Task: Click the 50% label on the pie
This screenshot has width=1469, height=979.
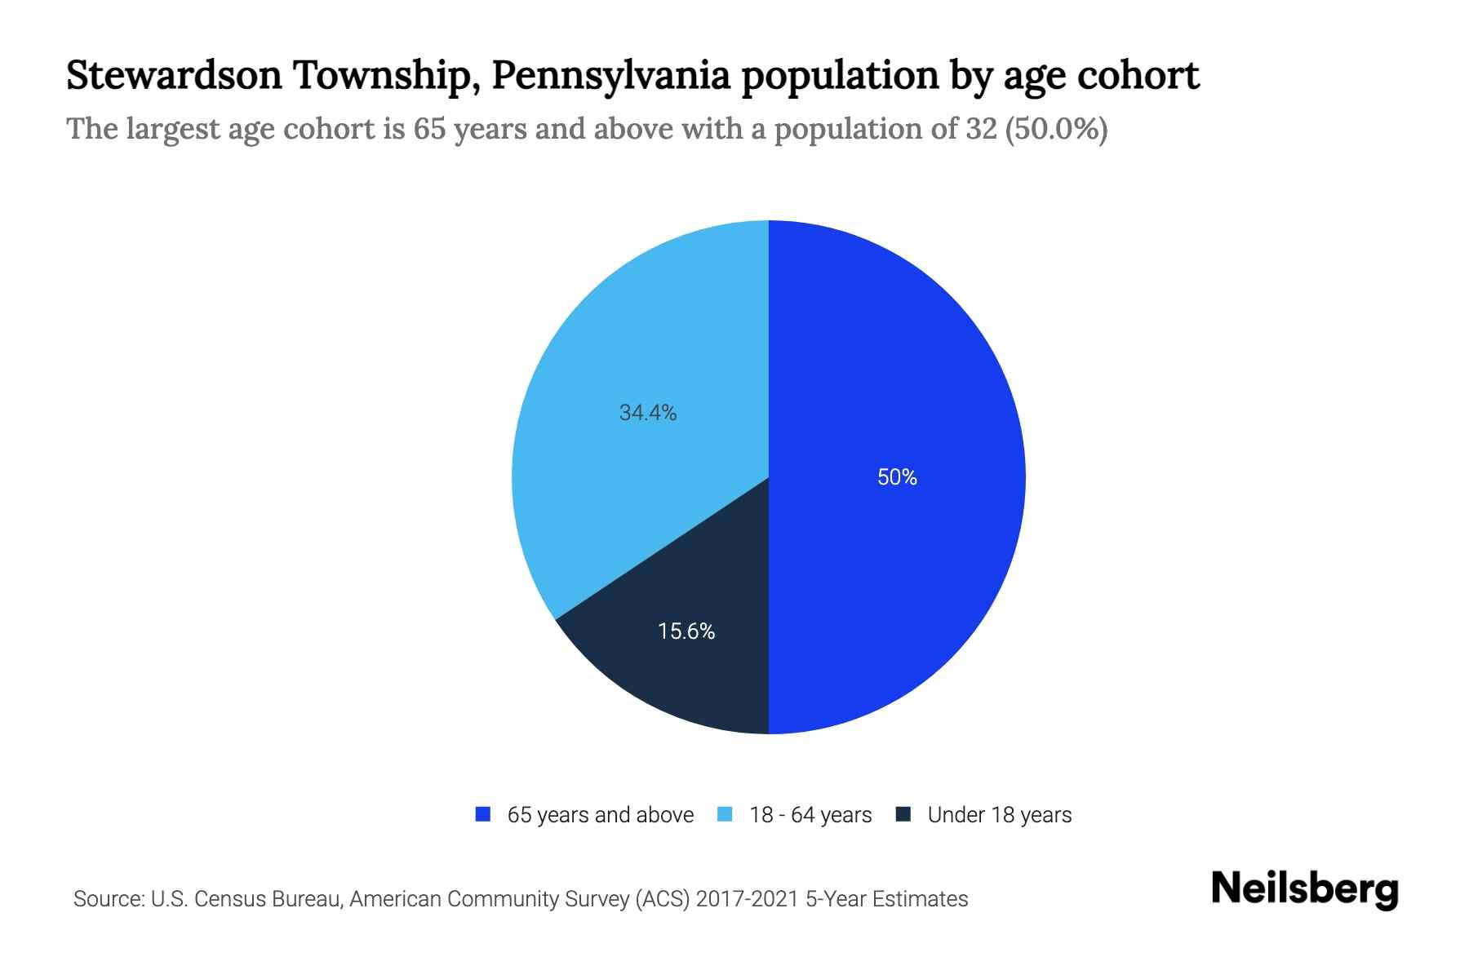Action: click(x=897, y=477)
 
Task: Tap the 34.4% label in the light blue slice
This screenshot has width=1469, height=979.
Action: click(x=648, y=413)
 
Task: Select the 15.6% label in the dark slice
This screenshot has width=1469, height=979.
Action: click(x=686, y=631)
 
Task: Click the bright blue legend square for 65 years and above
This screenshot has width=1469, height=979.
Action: click(x=483, y=814)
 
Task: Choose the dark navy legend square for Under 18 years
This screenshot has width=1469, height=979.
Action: click(x=903, y=814)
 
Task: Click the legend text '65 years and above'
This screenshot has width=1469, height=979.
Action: click(x=601, y=815)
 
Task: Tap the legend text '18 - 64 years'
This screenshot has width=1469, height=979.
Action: click(x=810, y=815)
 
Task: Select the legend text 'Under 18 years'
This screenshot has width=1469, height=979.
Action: click(x=1000, y=815)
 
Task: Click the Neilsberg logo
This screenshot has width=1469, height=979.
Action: click(x=1305, y=889)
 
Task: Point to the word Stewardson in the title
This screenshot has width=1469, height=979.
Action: click(x=173, y=75)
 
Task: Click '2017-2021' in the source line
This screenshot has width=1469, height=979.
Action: click(x=748, y=899)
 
